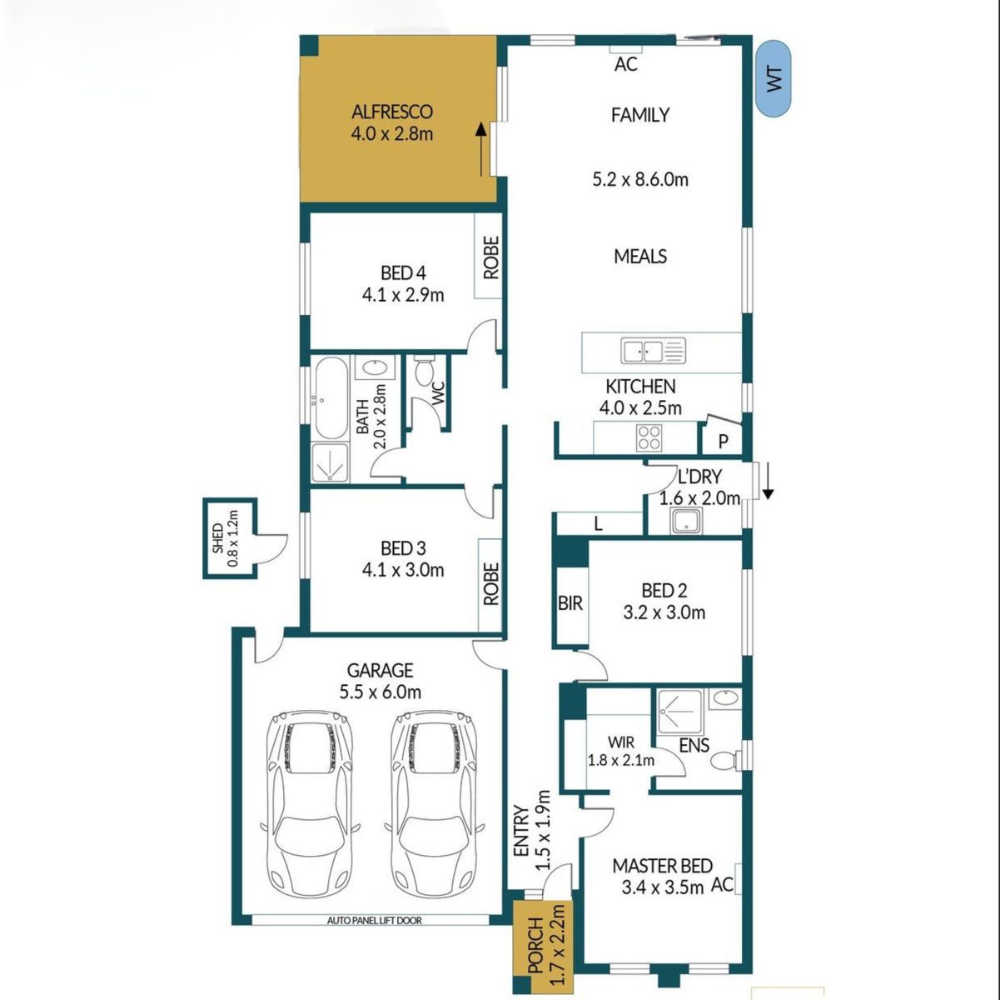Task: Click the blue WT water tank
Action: coord(774,78)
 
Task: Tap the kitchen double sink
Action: coord(653,351)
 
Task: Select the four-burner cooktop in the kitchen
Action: coord(649,437)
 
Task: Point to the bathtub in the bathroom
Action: coord(331,398)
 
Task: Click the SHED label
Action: coord(217,538)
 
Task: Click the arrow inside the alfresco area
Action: coord(481,149)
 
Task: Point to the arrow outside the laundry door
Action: coord(768,482)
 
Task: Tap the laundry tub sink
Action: coord(686,521)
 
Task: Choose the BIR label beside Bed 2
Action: coord(570,603)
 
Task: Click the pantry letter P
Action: coord(723,442)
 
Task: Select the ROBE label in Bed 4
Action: coord(491,257)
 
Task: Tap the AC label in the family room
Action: coord(626,64)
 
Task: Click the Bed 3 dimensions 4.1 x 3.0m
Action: coord(403,570)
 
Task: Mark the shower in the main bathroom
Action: coord(330,462)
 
